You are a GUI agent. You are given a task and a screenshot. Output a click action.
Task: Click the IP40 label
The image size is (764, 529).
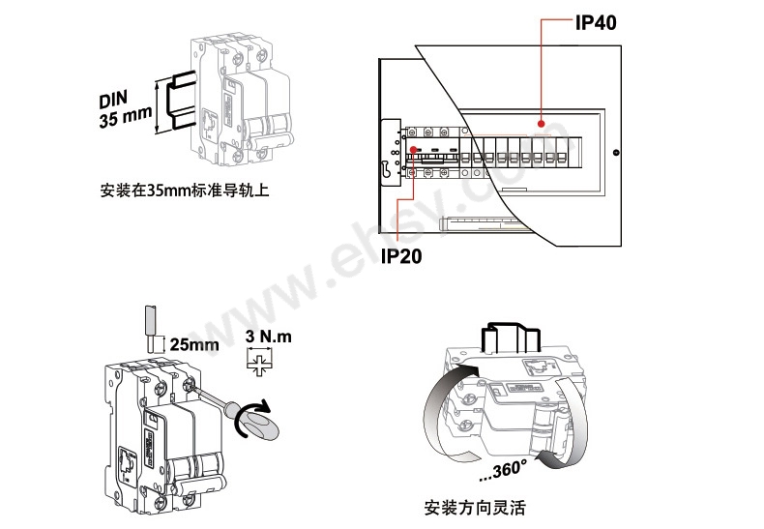[596, 22]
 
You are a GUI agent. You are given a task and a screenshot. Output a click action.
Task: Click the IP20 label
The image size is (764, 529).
[401, 256]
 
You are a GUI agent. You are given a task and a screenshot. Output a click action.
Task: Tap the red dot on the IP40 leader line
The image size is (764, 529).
[542, 123]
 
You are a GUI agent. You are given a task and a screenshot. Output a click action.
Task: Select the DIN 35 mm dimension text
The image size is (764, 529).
[125, 109]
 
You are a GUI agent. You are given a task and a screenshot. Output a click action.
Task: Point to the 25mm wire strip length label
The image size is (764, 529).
[194, 345]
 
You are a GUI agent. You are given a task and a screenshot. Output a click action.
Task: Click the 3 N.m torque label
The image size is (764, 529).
[269, 337]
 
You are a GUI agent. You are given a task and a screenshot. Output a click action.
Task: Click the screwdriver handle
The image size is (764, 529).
[259, 423]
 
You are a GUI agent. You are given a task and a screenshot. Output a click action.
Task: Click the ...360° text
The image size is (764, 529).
[502, 470]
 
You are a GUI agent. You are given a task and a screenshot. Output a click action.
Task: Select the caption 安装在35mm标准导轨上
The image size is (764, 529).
[185, 190]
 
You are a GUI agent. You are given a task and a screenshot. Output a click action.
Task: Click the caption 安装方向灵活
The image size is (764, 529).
[475, 508]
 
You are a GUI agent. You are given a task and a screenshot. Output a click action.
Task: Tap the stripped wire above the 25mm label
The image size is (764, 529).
[152, 328]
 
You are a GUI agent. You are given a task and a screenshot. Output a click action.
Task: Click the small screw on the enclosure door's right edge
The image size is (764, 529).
[615, 153]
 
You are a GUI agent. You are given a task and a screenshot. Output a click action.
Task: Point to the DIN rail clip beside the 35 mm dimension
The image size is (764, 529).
[181, 100]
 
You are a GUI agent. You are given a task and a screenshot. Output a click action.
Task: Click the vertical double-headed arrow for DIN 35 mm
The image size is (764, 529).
[157, 107]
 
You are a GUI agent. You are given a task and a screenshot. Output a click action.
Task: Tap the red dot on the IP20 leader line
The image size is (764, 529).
[414, 149]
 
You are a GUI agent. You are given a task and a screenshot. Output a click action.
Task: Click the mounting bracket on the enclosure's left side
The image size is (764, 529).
[391, 153]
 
